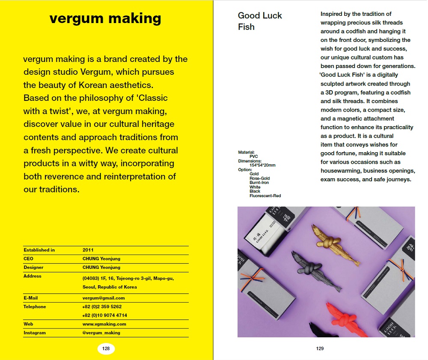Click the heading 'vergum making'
[105, 18]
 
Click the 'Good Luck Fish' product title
[259, 21]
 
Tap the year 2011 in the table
[88, 250]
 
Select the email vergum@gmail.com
[104, 298]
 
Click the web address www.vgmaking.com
[104, 324]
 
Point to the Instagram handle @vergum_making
[101, 333]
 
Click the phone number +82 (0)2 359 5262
[102, 307]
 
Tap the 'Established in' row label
[39, 250]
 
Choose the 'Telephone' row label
[35, 307]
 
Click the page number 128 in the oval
[106, 348]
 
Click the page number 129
[320, 348]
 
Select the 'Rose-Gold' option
[259, 178]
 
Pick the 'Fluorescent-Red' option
[265, 196]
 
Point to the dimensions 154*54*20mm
[262, 165]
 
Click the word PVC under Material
[254, 156]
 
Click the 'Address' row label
[33, 276]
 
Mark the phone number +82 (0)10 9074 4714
[104, 316]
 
